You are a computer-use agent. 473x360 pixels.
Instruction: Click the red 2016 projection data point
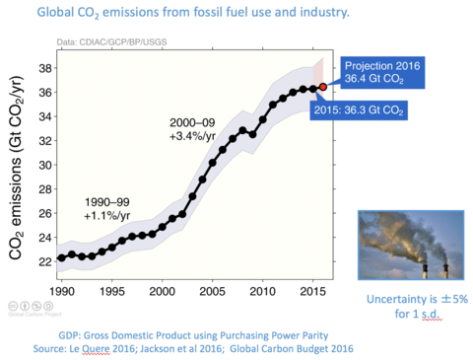(321, 88)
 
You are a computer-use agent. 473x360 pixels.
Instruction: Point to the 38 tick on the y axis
(44, 69)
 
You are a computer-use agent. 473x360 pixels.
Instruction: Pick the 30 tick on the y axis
(44, 164)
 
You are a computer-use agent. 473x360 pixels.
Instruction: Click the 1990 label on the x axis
(61, 293)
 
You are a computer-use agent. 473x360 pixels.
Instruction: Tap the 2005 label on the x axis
(212, 293)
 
